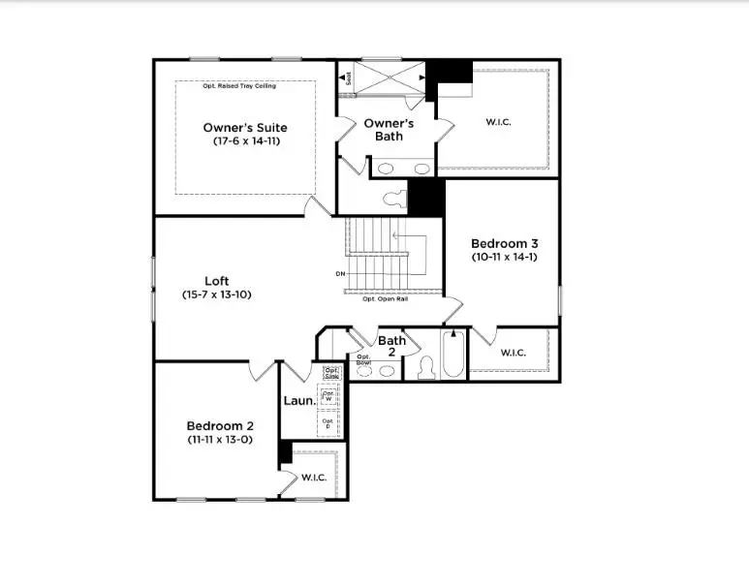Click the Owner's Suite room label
click(244, 128)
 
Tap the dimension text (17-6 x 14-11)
click(244, 141)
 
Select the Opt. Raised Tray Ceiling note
click(239, 86)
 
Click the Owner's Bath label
click(389, 130)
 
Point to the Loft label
click(216, 281)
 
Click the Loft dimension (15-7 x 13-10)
click(216, 294)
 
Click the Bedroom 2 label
click(220, 425)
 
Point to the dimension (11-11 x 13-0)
click(220, 440)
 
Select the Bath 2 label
click(391, 347)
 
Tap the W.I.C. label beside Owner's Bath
click(498, 122)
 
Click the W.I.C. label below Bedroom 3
click(514, 353)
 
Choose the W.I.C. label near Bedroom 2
click(314, 478)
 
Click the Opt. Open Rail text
click(385, 299)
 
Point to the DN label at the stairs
click(340, 274)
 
